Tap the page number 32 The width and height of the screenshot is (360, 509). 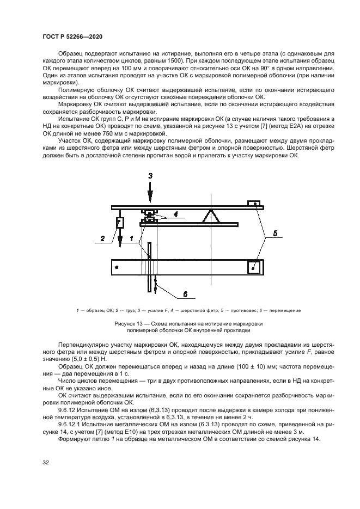click(x=46, y=462)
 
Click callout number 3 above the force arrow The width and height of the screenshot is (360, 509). click(x=152, y=176)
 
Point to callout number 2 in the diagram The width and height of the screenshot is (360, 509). click(x=101, y=237)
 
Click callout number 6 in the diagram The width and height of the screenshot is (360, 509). click(x=185, y=294)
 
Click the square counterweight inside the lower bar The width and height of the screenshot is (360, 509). click(x=253, y=268)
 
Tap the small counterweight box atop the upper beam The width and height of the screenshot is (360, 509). click(x=253, y=204)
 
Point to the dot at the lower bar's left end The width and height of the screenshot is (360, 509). click(x=117, y=267)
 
